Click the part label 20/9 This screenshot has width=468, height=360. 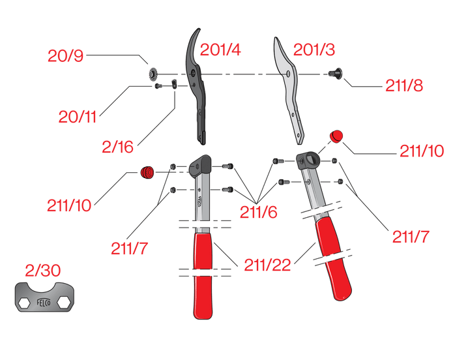click(65, 55)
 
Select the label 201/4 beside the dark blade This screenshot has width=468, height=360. click(220, 50)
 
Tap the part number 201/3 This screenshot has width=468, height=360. click(314, 50)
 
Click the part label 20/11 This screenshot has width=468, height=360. click(77, 117)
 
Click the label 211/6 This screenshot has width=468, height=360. click(258, 212)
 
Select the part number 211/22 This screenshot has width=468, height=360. click(267, 265)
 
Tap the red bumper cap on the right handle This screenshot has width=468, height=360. click(337, 136)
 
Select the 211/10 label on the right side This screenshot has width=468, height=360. click(422, 151)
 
